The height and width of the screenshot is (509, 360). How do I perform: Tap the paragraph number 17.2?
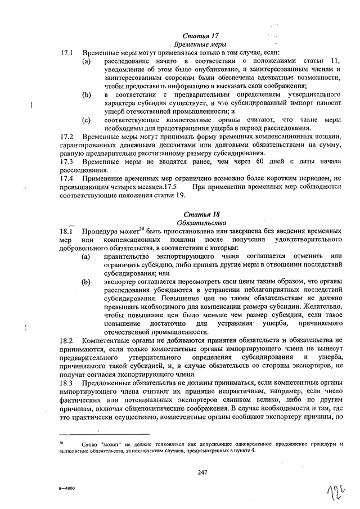[x=67, y=137]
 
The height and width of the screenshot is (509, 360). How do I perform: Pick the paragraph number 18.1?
[x=67, y=232]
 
